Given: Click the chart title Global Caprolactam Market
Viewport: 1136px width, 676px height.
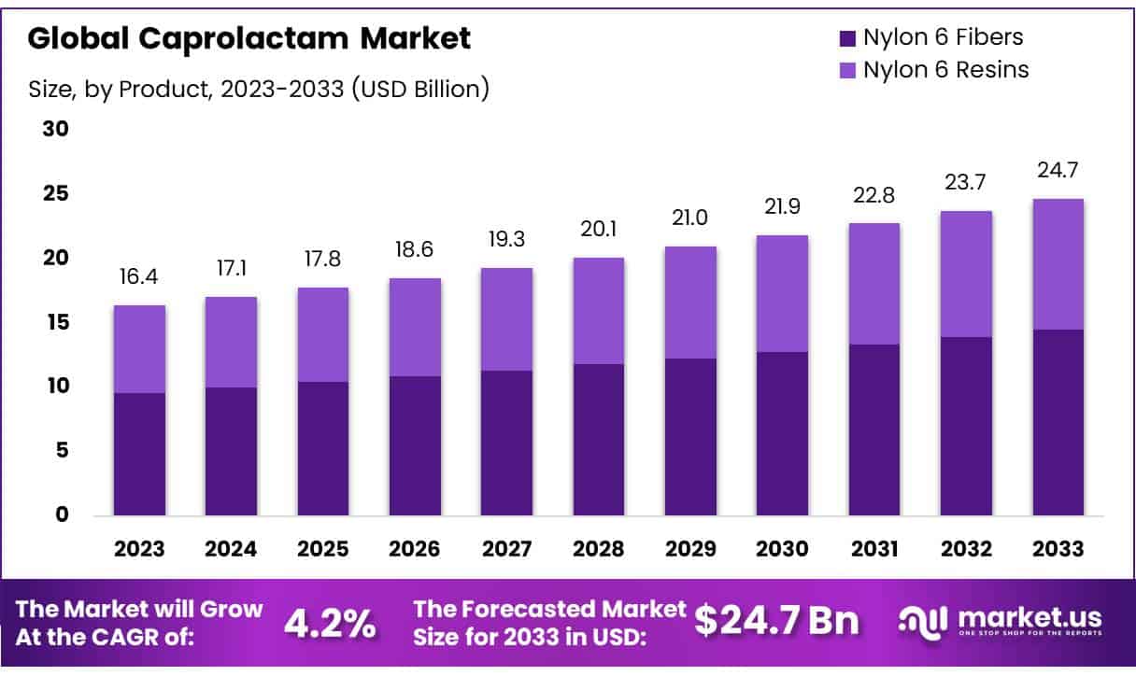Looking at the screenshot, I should [x=249, y=38].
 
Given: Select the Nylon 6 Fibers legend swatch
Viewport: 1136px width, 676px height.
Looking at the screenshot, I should [x=847, y=38].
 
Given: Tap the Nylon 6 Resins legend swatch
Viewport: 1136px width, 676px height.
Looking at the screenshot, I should [x=847, y=70].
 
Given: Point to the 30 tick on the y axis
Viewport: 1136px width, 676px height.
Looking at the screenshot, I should [x=56, y=129].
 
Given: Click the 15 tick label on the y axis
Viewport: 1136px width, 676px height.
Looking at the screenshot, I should [x=56, y=322].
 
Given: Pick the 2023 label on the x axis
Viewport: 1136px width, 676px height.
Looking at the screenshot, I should [x=139, y=549].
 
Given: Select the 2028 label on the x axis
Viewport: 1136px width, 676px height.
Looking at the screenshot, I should [x=599, y=549].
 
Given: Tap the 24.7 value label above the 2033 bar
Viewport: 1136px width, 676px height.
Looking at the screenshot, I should [x=1058, y=172].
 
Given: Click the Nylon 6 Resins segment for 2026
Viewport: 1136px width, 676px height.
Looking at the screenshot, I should [x=415, y=327].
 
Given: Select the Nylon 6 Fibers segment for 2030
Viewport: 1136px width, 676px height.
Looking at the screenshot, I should [x=783, y=433].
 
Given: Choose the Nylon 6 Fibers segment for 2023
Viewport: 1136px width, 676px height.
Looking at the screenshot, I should [x=139, y=454].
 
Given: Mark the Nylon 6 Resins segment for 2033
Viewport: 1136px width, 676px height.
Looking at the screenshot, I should [x=1058, y=264].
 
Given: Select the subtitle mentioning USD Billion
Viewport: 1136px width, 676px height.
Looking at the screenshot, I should [x=258, y=90].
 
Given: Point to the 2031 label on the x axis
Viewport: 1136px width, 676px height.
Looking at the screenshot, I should [x=874, y=549].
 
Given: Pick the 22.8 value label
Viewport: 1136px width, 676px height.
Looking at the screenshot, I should [x=874, y=196].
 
